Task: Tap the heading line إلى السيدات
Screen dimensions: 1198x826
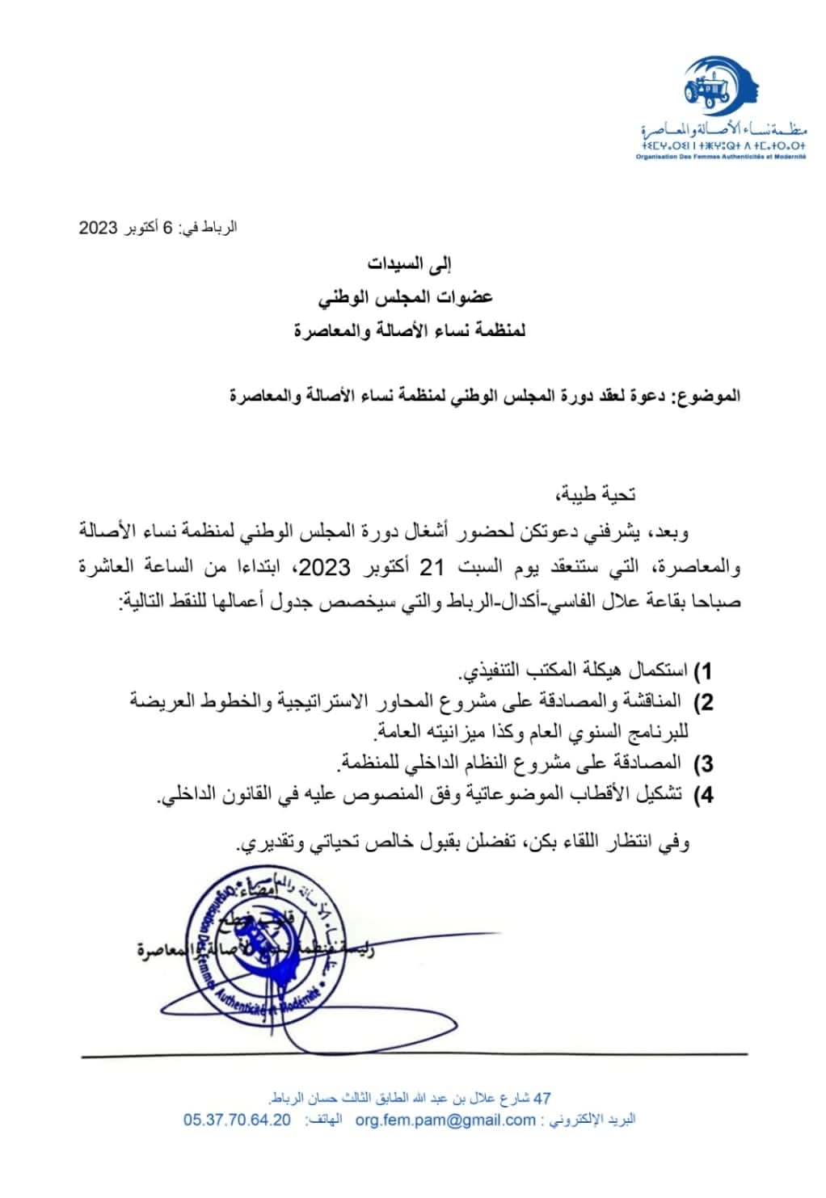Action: [411, 264]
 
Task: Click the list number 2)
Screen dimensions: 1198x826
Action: [704, 701]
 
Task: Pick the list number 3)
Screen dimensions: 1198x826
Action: [704, 763]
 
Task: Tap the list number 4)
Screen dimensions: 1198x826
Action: [704, 795]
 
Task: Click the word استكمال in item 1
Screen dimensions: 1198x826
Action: [660, 670]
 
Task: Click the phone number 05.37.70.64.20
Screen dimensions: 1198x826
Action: [237, 1120]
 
